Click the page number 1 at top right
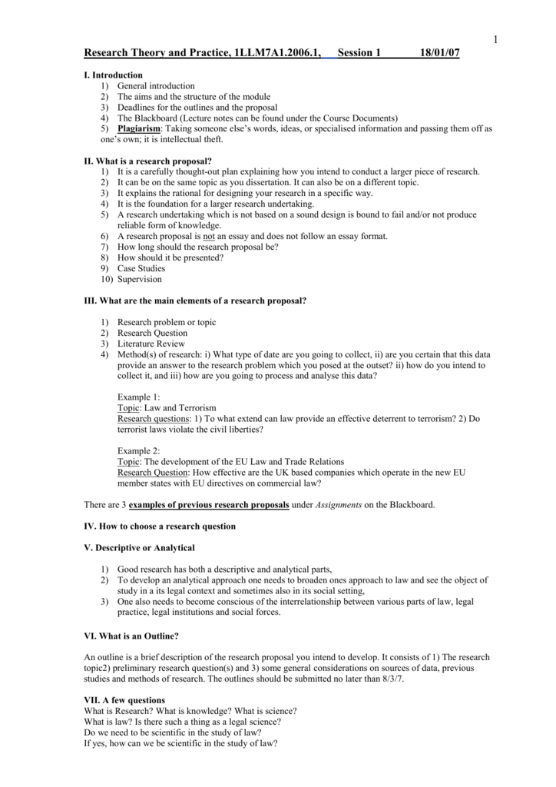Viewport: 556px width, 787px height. pos(496,40)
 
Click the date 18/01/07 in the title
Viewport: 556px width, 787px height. pos(440,53)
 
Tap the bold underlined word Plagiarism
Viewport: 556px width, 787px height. pos(138,129)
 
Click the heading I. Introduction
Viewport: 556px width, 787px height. pos(113,75)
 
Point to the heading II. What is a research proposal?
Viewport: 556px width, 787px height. pos(147,161)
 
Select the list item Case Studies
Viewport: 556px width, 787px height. pos(141,269)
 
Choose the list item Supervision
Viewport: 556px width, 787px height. pos(139,280)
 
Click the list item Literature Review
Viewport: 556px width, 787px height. pos(151,344)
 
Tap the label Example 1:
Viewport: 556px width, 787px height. pos(138,397)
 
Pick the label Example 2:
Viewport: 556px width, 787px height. pos(138,451)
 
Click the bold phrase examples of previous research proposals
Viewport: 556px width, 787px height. pos(209,505)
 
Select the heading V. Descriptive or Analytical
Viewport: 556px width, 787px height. pos(139,548)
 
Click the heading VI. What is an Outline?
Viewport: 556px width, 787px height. pos(131,636)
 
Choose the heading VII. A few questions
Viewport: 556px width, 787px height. pos(124,700)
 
